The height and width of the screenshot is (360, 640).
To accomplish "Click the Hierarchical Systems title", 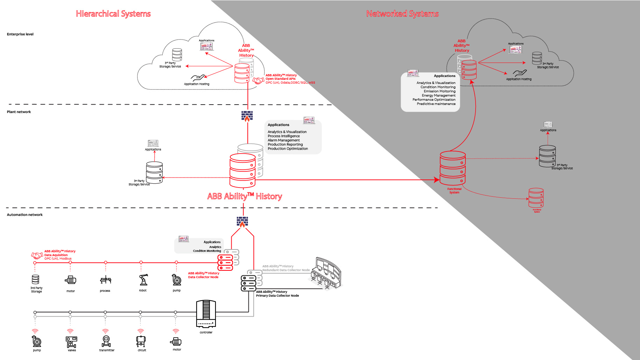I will click(113, 14).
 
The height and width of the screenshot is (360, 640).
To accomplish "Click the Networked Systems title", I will click(402, 14).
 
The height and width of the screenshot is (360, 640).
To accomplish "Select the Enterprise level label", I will click(20, 34).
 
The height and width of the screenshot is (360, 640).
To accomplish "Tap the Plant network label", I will click(19, 112).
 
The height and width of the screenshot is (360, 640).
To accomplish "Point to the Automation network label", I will click(25, 215).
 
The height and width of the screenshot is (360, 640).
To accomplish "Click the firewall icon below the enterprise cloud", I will click(247, 116).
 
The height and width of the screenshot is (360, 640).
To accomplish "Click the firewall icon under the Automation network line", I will click(242, 222).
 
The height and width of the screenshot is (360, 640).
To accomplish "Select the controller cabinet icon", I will click(206, 314).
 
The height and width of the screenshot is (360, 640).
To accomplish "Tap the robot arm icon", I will click(143, 280).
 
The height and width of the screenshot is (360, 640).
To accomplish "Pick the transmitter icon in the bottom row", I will click(106, 341).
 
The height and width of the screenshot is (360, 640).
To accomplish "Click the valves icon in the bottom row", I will click(71, 341).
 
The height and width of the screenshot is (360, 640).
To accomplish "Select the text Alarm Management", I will click(283, 140).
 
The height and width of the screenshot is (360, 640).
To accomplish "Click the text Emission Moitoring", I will click(439, 91).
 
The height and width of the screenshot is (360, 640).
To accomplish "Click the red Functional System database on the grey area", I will click(452, 168).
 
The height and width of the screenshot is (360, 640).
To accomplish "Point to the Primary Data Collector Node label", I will click(277, 294).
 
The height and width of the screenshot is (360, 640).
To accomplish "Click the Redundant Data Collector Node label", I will click(286, 268).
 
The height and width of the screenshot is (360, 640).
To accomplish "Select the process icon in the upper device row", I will click(105, 280).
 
